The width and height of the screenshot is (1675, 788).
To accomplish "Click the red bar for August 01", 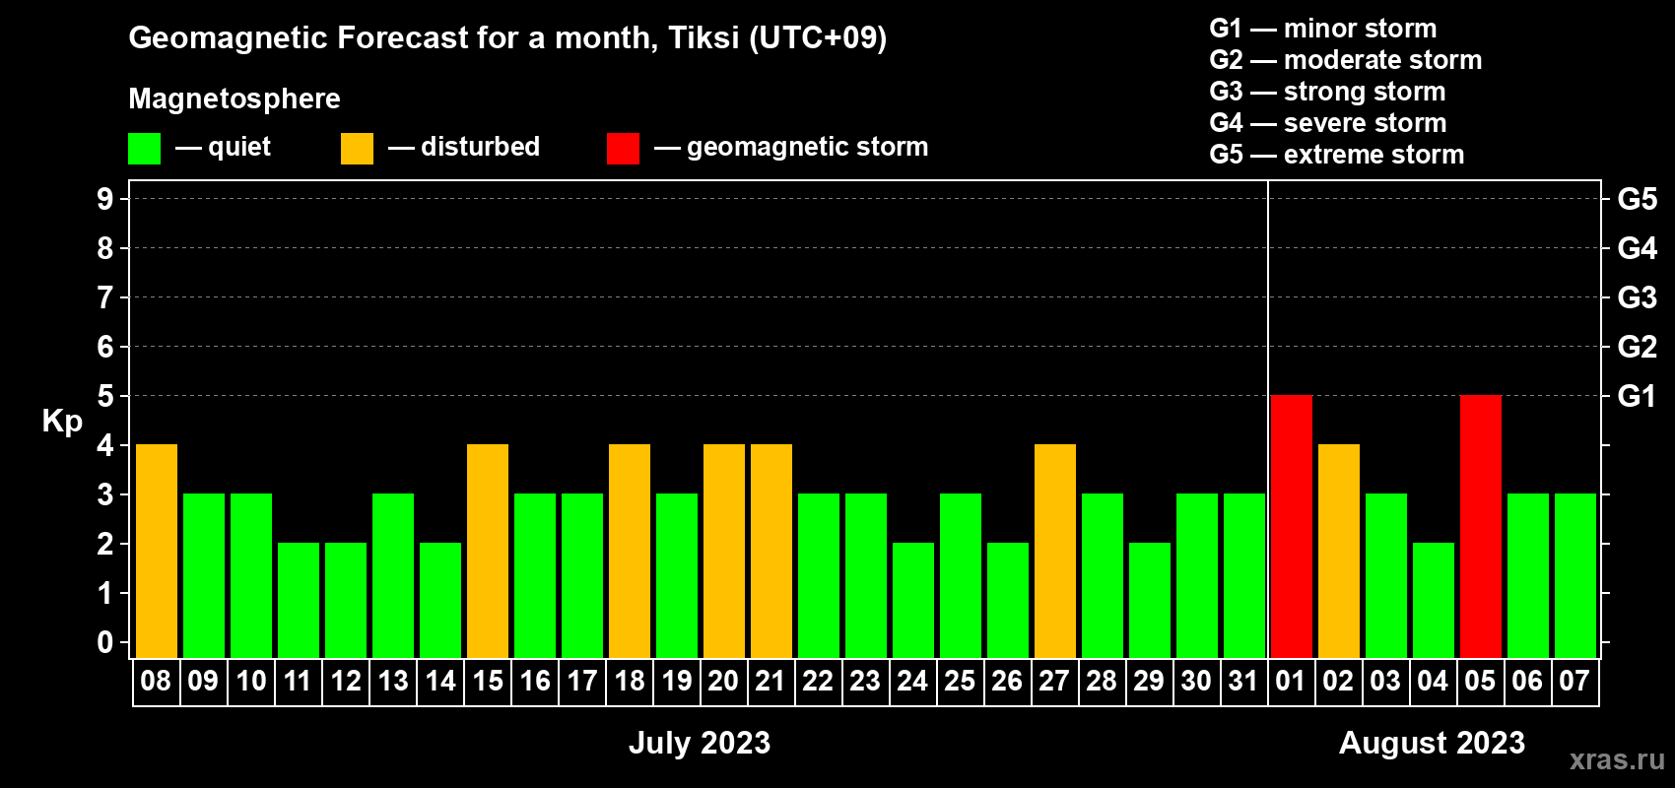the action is tap(1292, 526).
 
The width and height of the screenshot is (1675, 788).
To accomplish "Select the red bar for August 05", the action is tap(1481, 526).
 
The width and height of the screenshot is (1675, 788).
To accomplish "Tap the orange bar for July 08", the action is tap(157, 551).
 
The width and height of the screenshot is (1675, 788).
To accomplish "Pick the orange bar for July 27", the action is tap(1055, 551).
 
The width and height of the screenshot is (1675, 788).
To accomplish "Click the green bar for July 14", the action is tap(440, 600).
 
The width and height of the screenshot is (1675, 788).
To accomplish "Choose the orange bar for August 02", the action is tap(1339, 551).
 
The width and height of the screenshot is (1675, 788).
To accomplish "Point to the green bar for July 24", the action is tap(913, 600).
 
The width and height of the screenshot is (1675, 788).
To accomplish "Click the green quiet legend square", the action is tap(144, 148).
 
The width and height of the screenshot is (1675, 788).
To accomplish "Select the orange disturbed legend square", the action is tap(357, 148).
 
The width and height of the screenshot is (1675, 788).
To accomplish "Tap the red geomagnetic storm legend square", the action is tap(623, 148).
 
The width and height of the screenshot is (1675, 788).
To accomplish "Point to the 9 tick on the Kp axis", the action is tap(104, 199).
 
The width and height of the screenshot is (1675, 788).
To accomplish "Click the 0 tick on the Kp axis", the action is tap(104, 642).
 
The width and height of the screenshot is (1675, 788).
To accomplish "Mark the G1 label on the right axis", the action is tap(1637, 396).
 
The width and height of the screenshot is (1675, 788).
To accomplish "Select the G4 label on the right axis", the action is tap(1637, 248).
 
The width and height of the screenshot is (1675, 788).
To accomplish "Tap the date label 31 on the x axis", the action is tap(1243, 681).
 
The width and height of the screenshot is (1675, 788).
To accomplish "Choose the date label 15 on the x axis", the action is tap(488, 681).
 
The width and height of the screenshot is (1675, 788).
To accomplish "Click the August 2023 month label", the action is tap(1432, 743).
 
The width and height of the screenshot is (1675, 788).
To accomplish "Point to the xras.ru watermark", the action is tap(1618, 759).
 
